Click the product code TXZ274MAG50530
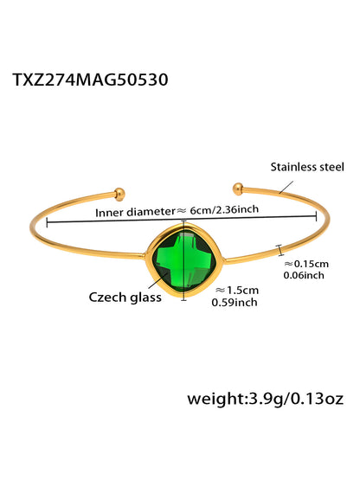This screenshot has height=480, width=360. (x=90, y=80)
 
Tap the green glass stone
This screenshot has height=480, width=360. (x=183, y=261)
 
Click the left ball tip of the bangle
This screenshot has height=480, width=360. (x=119, y=194)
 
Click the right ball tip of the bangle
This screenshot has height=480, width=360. (x=238, y=189)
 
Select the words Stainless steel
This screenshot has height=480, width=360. (x=307, y=167)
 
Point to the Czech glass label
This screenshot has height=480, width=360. (x=125, y=298)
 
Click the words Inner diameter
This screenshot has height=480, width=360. (x=135, y=212)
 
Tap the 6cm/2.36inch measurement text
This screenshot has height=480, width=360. (x=224, y=209)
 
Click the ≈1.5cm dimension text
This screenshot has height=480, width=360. (x=237, y=290)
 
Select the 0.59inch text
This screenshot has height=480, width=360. (x=235, y=303)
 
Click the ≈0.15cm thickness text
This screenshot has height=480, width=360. (x=306, y=264)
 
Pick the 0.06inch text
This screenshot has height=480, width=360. (x=304, y=275)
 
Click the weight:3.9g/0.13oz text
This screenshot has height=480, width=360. (x=266, y=400)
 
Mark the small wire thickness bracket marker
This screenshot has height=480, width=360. (x=280, y=250)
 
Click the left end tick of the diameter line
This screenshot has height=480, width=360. (x=47, y=222)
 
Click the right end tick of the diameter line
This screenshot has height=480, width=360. (x=316, y=216)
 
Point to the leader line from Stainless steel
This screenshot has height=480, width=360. (x=286, y=187)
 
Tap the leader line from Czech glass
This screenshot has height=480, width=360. (x=158, y=280)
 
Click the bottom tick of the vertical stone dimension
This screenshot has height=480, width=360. (x=183, y=300)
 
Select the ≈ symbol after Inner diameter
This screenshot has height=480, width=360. (x=182, y=211)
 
